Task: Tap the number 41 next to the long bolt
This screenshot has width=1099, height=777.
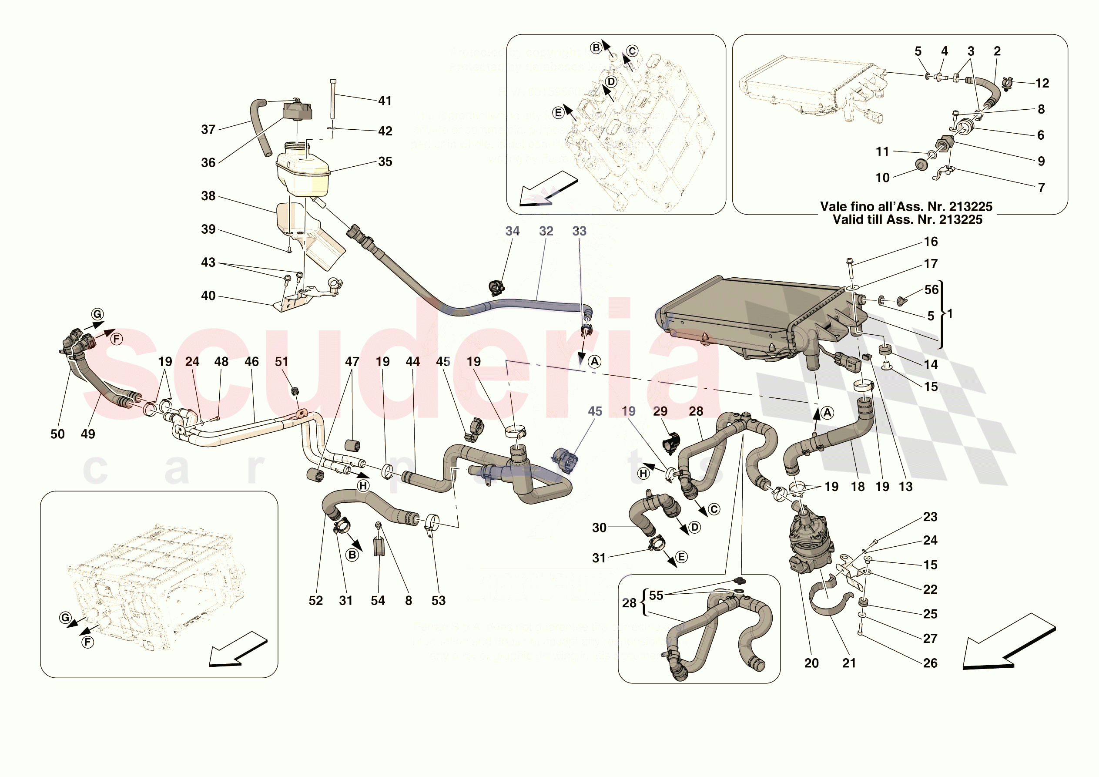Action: [x=385, y=101]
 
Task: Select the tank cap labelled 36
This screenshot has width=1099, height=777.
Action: [x=297, y=111]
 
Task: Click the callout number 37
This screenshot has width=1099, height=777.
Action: [x=208, y=129]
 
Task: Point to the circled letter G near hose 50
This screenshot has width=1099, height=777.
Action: [x=97, y=314]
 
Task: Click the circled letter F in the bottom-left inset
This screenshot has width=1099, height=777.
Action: [x=87, y=642]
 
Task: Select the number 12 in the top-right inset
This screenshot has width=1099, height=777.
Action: [x=1042, y=83]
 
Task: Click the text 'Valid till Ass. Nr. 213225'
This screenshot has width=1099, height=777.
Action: [x=907, y=220]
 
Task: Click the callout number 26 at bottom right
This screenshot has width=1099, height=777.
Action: [x=930, y=663]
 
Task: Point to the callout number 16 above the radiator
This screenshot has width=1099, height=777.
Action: [x=931, y=242]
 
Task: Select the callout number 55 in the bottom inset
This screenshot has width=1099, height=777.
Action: [x=656, y=595]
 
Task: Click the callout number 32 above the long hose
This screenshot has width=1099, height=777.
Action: [x=546, y=231]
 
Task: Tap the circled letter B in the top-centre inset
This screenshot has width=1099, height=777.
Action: [x=596, y=48]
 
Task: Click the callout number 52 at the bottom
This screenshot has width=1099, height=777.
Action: [x=315, y=601]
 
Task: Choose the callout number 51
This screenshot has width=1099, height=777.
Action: [x=281, y=362]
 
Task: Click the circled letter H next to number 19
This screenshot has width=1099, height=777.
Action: [x=643, y=474]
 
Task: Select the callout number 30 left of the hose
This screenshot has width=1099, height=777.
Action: [x=599, y=528]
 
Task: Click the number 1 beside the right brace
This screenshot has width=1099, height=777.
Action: [x=950, y=314]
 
